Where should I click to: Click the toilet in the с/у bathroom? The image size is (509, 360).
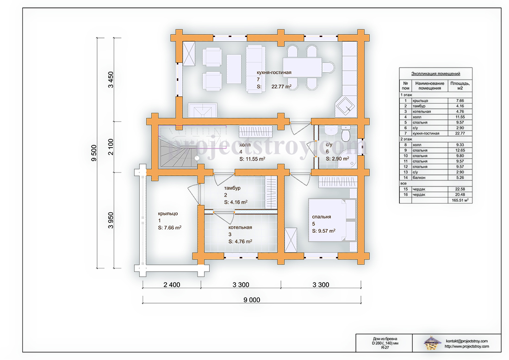pos(346,133)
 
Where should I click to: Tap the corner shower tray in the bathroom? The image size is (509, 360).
pos(348,161)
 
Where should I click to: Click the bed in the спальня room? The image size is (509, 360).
pos(332,220)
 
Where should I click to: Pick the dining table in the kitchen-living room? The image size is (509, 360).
pos(302,67)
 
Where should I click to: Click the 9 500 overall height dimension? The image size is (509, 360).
pos(94,153)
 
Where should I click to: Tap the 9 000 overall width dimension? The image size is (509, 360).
pos(252,300)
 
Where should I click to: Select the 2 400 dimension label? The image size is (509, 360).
pos(172,285)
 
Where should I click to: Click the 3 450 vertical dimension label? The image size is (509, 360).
pos(111,80)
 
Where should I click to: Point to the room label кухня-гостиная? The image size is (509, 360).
pos(274,72)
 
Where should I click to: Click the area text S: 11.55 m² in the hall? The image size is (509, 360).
pos(252,159)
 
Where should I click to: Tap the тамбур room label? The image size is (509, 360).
pos(232,188)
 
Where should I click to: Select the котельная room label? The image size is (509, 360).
pos(240,227)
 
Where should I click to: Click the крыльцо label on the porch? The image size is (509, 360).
pos(168,214)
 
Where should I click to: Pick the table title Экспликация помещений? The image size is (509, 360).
pos(435,74)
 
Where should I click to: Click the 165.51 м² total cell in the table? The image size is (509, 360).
pos(460,200)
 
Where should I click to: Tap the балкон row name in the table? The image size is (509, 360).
pos(419,178)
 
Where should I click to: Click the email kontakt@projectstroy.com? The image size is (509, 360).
pos(466,341)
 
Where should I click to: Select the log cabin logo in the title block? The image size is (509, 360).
pos(432,343)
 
